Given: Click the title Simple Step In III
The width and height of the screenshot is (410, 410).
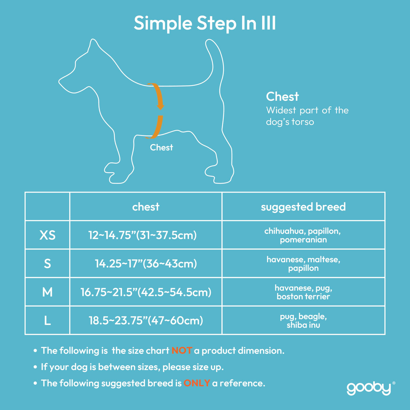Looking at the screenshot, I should click(205, 23).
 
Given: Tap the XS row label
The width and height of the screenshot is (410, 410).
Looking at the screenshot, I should click(47, 235).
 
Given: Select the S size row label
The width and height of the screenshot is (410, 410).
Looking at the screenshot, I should click(47, 264).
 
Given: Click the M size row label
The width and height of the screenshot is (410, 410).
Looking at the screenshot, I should click(47, 292).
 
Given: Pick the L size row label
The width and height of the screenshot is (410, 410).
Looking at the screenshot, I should click(47, 320).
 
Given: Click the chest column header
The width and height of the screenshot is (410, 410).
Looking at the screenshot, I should click(146, 207).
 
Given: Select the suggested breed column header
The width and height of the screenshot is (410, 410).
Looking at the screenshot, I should click(303, 207).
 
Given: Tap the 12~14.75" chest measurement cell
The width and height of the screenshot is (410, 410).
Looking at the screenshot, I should click(143, 235).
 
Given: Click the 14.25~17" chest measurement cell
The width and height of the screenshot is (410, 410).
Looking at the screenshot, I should click(146, 264).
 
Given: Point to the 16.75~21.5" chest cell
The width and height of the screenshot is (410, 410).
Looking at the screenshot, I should click(146, 292).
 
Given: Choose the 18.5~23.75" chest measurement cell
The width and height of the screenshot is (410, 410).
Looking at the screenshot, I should click(146, 320).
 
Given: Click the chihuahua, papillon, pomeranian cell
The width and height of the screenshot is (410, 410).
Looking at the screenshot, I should click(303, 235).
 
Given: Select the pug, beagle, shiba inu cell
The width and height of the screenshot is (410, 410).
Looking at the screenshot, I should click(303, 320).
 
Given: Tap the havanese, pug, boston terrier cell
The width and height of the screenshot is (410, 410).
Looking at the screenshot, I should click(303, 292).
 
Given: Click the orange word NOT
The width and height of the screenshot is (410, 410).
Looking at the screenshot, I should click(182, 351).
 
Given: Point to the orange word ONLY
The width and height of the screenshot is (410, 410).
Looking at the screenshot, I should click(197, 383).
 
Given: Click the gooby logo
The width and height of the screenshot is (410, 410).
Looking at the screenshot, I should click(369, 388).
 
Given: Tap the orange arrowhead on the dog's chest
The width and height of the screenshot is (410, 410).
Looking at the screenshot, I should click(160, 106).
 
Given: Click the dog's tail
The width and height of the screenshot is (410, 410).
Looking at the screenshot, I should click(215, 58).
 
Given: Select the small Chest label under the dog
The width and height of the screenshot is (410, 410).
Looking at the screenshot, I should click(161, 147).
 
